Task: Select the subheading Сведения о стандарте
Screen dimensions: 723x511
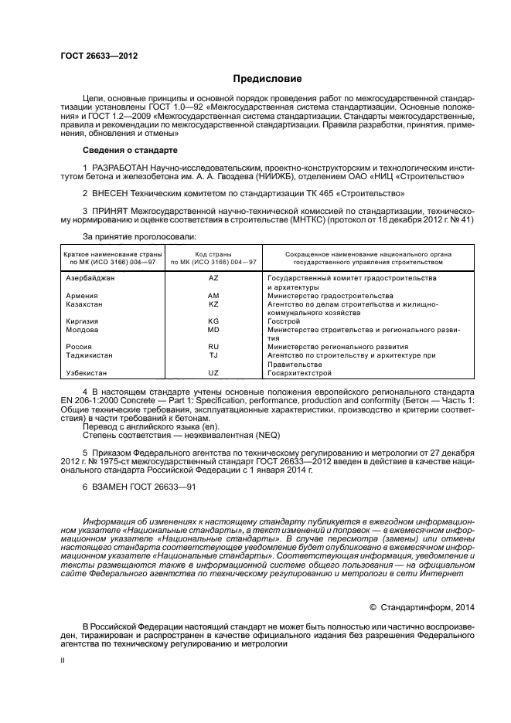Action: [130, 149]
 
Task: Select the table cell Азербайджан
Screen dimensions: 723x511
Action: [90, 277]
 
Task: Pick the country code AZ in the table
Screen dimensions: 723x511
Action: [214, 277]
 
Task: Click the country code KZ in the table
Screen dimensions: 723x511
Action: [214, 304]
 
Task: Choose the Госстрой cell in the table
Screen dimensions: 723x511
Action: [283, 321]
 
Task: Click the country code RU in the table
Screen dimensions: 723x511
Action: [214, 347]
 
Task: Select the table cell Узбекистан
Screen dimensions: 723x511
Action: [86, 373]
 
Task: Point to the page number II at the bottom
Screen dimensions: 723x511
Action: [64, 661]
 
